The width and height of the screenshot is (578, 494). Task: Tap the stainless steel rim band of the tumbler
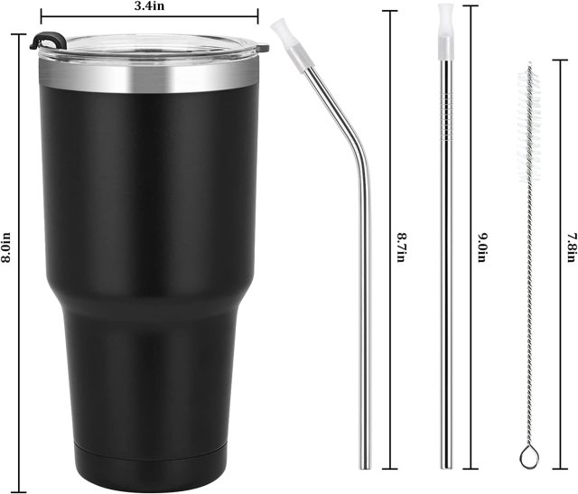point(148,79)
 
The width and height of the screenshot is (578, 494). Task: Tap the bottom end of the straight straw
point(444,462)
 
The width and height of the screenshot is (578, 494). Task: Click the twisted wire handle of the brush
point(529,316)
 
